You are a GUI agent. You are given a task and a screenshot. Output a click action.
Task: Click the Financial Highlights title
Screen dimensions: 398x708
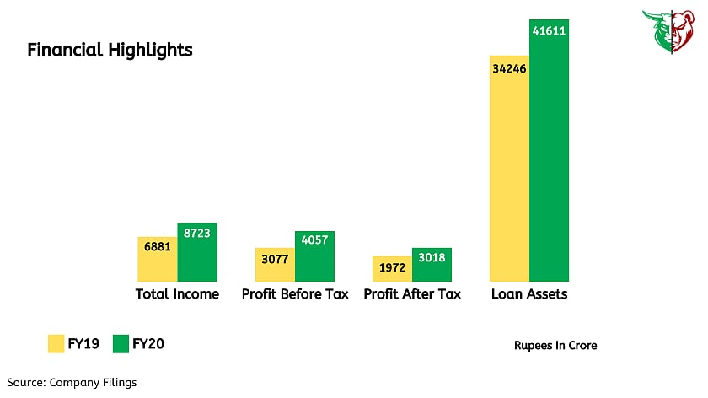pos(110,51)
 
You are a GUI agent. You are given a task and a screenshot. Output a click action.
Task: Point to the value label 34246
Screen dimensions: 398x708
pos(509,68)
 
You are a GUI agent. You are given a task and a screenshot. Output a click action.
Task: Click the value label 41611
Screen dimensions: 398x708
pos(549,30)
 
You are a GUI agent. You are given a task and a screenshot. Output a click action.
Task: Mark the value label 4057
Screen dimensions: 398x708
pos(314,240)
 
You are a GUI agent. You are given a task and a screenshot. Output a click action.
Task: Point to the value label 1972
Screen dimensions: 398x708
pos(392,268)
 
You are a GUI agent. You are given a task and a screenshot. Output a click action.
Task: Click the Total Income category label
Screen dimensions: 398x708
pos(177,294)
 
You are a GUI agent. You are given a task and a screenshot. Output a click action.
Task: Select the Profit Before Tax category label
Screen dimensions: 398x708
pos(294,294)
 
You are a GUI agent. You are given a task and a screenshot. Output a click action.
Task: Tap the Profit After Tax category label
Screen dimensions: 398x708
pos(412,294)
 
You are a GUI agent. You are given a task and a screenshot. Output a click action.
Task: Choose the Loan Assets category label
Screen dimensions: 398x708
pos(529,294)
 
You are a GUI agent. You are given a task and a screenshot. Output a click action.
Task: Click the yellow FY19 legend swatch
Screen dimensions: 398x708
pos(56,344)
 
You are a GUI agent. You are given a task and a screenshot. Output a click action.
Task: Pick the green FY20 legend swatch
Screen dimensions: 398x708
pos(120,344)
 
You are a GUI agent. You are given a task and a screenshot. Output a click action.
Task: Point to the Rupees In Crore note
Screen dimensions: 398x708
pos(555,346)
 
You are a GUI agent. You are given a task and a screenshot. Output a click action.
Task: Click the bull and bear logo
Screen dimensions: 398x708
pos(672,33)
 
